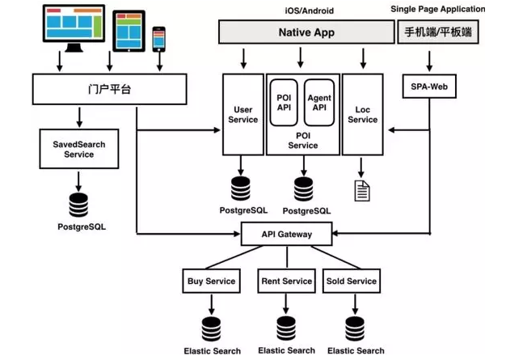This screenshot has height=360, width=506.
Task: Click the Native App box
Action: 306,32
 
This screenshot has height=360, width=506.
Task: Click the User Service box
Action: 243,114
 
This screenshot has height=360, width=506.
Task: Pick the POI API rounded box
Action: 285,103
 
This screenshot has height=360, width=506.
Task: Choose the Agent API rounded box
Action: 320,103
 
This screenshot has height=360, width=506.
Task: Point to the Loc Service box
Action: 362,114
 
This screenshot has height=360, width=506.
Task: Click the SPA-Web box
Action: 429,87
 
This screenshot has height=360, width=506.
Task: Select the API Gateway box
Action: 287,235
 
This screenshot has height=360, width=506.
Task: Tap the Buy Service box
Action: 212,282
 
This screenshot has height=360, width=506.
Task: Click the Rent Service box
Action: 287,282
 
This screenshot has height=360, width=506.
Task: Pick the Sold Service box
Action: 351,282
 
